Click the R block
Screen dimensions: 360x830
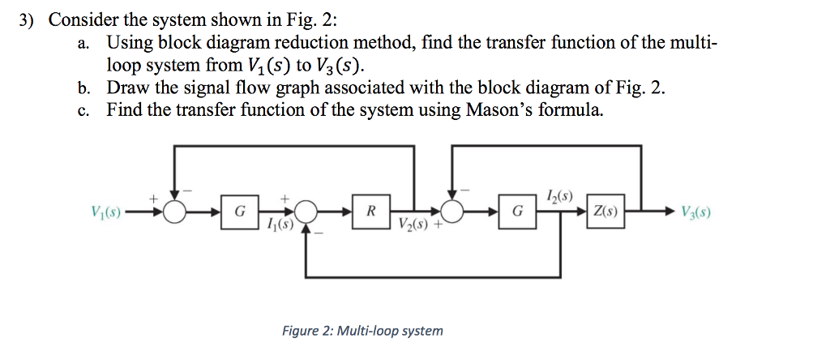(370, 212)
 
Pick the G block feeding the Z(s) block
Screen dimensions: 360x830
(518, 212)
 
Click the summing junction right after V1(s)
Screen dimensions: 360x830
(173, 212)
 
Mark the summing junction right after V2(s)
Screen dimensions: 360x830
(453, 212)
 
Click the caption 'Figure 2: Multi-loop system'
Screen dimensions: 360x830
(362, 331)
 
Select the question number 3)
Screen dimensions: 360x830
(29, 21)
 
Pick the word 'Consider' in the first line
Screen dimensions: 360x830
(84, 21)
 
